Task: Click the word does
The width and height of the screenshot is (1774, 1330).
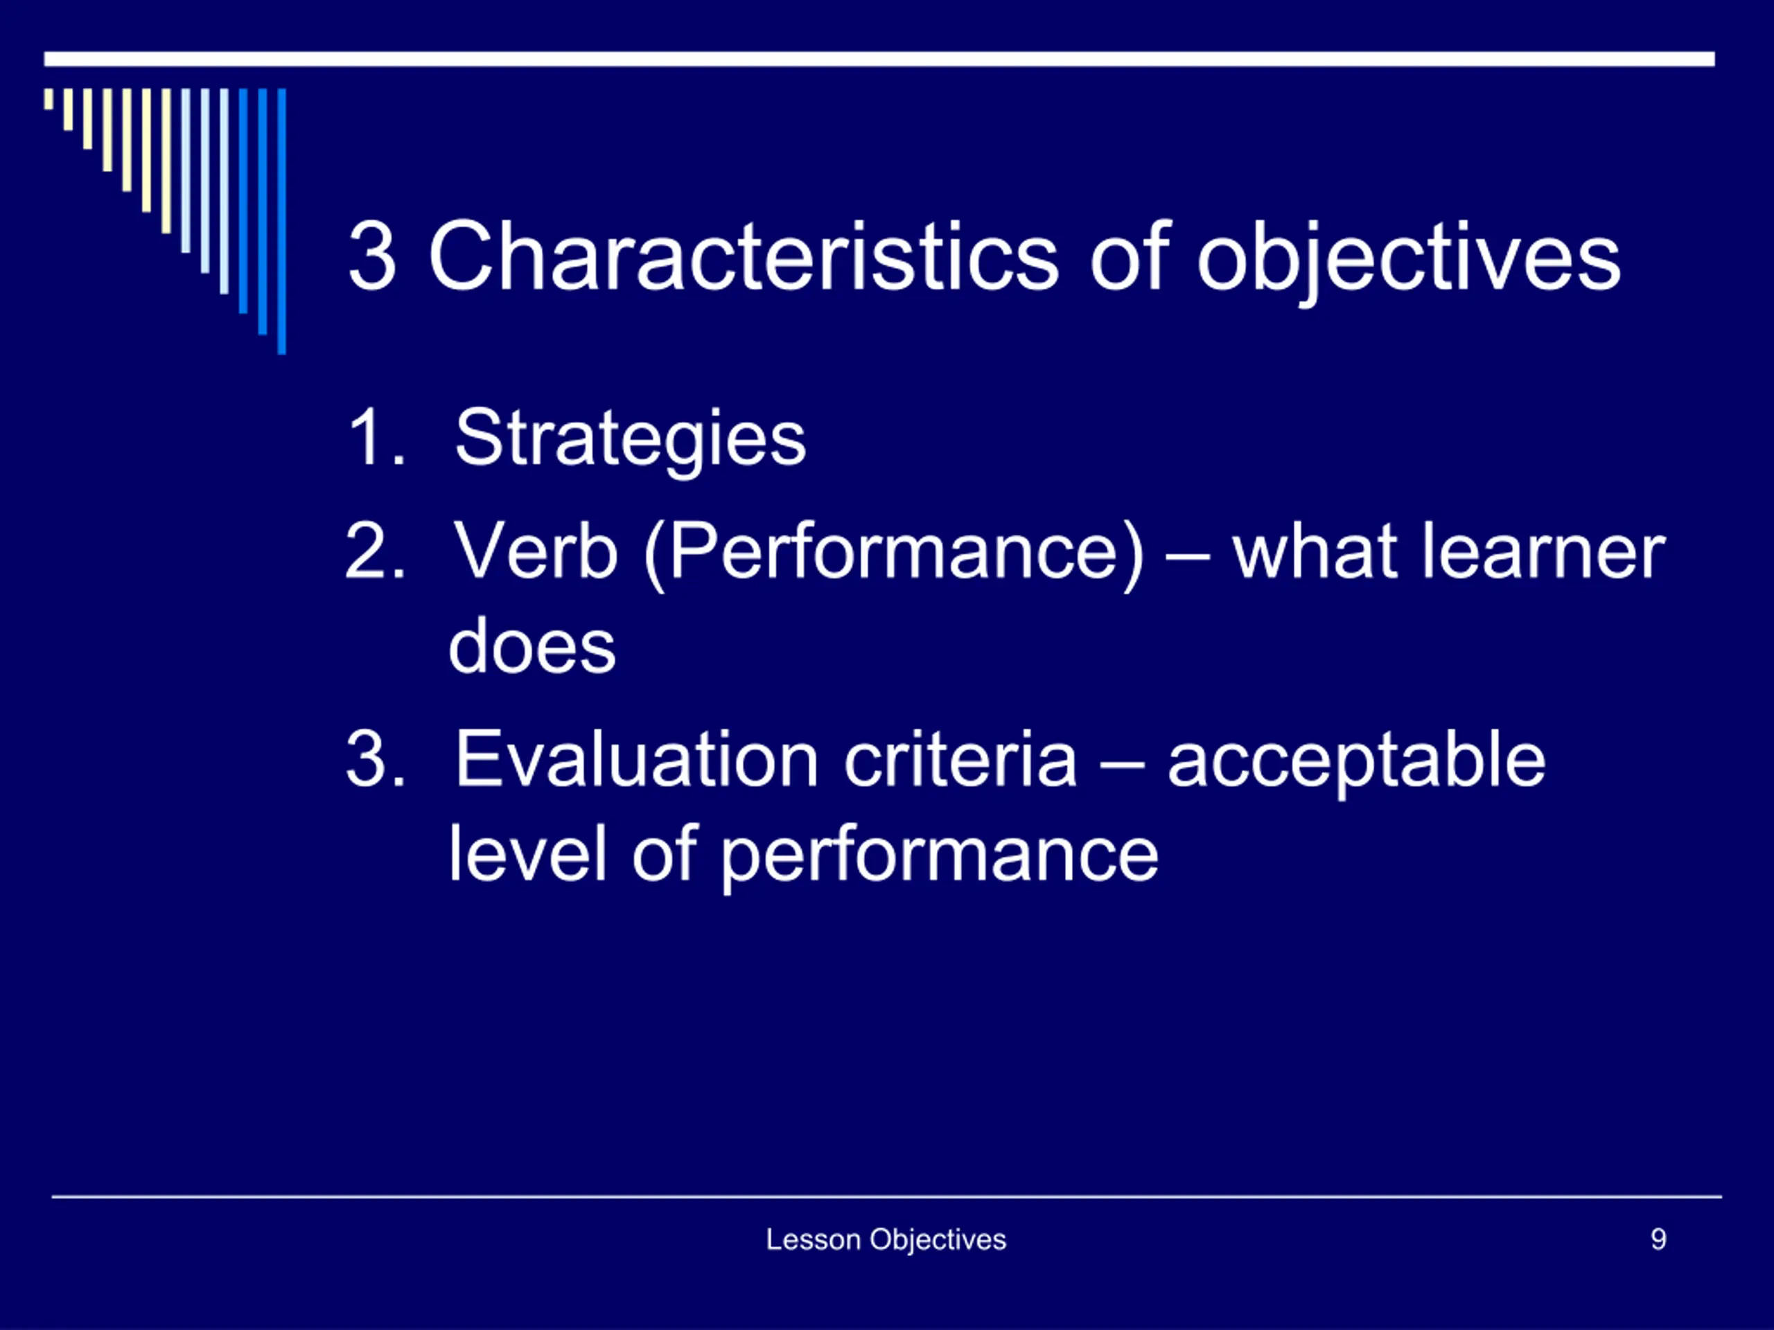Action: coord(532,646)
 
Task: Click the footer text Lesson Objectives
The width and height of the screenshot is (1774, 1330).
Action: coord(886,1240)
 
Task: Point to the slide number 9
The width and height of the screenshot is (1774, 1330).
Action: coord(1658,1239)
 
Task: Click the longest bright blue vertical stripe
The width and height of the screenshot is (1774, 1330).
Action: coord(281,220)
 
